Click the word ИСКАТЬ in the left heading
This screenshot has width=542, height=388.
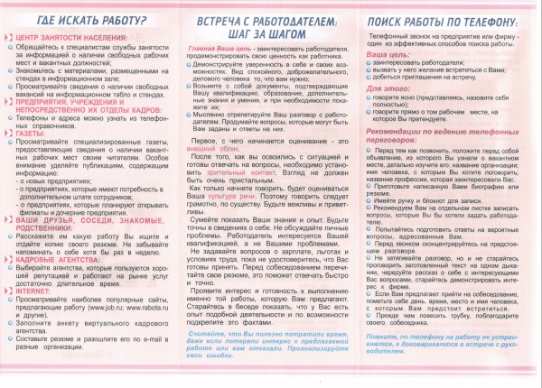coord(79,20)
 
